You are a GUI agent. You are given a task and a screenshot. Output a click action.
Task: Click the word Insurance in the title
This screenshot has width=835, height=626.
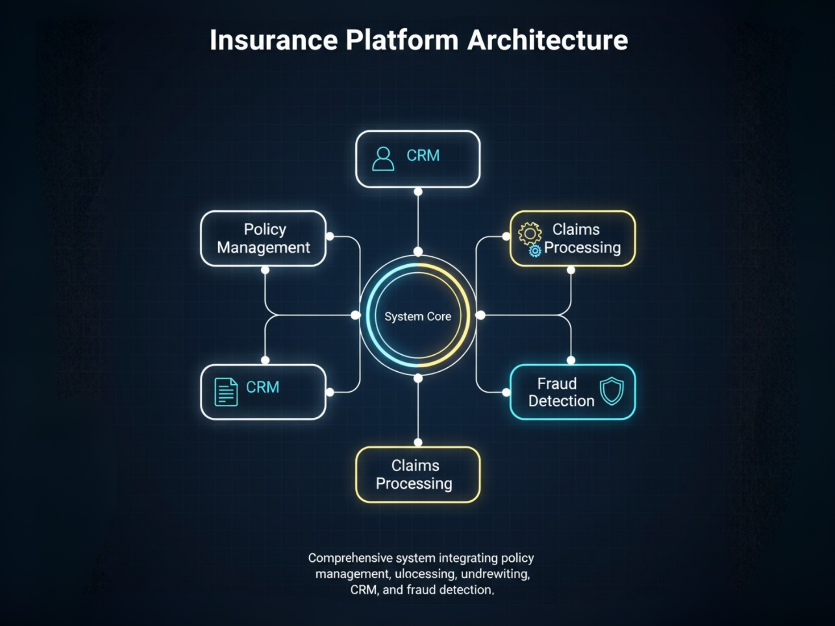274,40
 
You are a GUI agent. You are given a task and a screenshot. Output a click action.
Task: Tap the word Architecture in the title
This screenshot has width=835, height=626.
547,40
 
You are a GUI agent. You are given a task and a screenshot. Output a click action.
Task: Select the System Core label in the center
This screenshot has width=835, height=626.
417,316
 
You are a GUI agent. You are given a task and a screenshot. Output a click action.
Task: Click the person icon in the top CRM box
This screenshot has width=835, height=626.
383,159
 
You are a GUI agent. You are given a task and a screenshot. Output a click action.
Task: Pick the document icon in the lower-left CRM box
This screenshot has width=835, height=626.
226,392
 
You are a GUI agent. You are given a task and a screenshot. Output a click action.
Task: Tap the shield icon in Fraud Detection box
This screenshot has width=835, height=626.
611,391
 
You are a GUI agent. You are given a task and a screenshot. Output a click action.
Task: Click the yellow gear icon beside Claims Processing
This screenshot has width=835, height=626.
530,233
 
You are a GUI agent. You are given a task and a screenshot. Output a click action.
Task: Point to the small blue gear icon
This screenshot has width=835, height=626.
535,251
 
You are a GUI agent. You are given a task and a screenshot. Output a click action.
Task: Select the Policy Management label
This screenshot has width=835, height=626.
264,238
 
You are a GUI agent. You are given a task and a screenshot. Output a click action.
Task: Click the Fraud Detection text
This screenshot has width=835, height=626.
561,392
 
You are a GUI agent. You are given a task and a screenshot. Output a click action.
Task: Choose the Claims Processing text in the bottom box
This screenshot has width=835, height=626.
414,474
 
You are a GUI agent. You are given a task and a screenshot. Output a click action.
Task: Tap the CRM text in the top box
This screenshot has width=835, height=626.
423,156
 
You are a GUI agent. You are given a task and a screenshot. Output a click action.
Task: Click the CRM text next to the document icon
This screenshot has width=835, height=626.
262,387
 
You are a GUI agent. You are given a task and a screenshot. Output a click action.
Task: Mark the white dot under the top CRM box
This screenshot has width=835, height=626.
418,192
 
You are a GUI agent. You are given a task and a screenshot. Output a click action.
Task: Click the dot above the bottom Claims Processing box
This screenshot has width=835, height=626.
418,443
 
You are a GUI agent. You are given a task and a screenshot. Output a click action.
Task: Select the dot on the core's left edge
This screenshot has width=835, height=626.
355,315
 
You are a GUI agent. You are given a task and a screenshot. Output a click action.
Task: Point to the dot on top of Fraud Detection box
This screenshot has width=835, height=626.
571,360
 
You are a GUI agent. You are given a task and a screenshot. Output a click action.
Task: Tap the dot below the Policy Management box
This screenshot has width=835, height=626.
265,270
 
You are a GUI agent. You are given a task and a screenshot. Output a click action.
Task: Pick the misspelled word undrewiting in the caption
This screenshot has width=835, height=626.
495,574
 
